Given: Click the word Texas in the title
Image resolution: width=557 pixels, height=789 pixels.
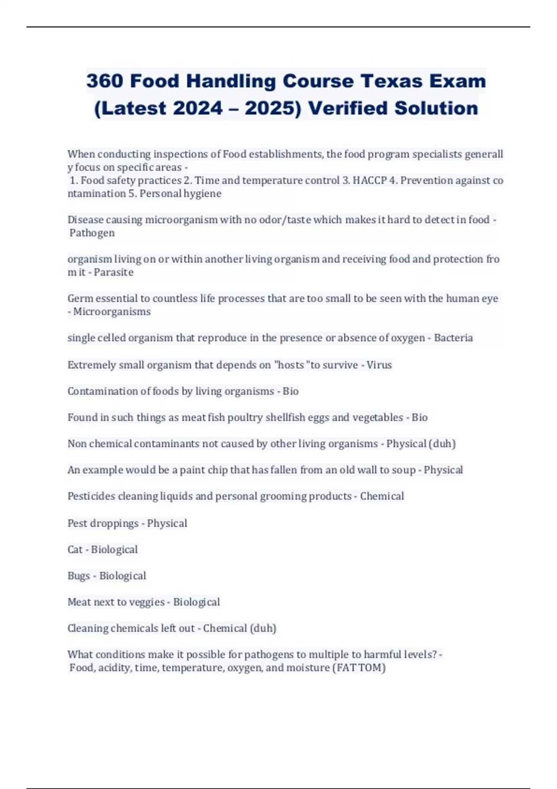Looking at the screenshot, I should tap(391, 81).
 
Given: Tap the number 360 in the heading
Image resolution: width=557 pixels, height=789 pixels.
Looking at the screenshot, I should tap(104, 81).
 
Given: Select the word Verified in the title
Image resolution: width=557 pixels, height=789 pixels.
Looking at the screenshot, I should tap(347, 108).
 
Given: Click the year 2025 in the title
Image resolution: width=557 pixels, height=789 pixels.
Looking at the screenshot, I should tap(272, 108).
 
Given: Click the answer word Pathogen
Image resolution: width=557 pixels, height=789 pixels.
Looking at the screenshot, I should tap(92, 233).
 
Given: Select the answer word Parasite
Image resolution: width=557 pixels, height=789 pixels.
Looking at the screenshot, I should tap(114, 272).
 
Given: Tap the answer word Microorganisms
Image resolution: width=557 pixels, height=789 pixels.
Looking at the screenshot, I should tap(112, 311).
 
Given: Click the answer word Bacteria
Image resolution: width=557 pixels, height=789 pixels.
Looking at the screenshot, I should tap(453, 338).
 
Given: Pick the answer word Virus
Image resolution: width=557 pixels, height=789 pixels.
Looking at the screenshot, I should tap(379, 365).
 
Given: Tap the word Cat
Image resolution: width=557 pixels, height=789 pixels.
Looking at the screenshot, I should tap(75, 550).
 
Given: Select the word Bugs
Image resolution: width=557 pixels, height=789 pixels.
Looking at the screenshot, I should tap(78, 576).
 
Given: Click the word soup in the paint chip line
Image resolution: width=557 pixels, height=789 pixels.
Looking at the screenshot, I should tap(404, 470).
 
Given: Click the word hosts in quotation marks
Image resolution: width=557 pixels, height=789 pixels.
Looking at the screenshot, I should tap(291, 365).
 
